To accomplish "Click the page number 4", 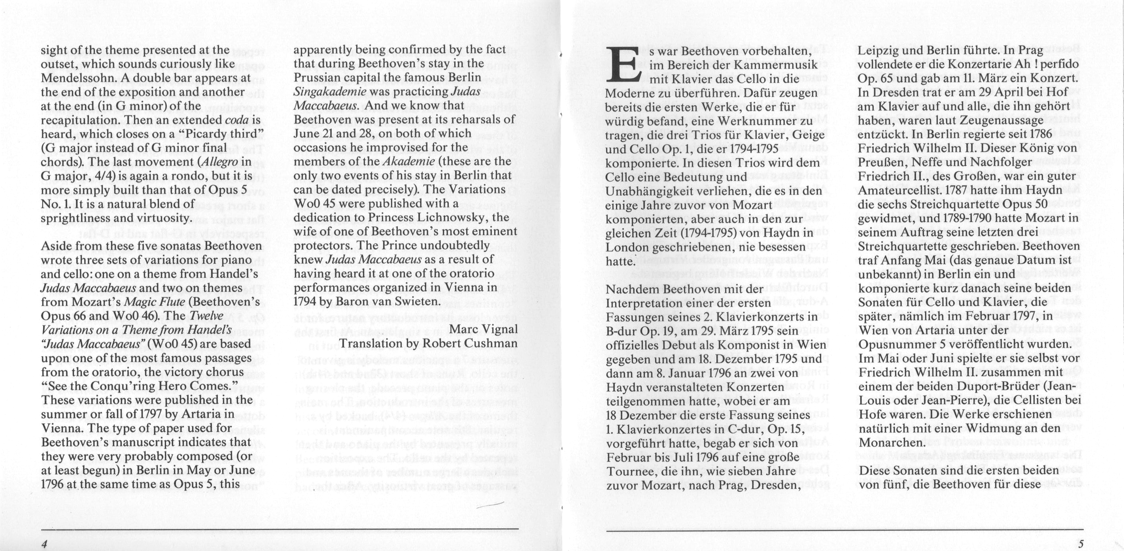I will (44, 544).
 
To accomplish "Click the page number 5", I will (1081, 544).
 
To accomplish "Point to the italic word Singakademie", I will (330, 92).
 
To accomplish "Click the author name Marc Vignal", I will (483, 329).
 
